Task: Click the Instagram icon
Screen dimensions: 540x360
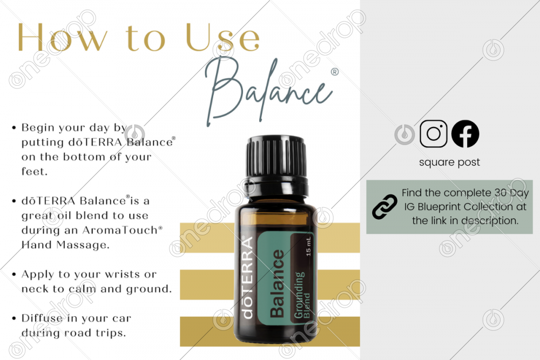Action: coord(433,133)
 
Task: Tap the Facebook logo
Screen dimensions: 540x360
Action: coord(465,133)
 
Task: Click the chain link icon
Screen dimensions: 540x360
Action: coord(384,207)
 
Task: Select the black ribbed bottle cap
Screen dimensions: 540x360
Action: coord(276,157)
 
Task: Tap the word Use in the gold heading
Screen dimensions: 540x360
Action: coord(222,37)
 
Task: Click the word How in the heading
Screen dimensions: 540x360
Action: coord(62,37)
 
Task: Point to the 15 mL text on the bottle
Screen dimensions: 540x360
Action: coord(308,246)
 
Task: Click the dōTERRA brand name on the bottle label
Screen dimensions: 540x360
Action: coord(248,277)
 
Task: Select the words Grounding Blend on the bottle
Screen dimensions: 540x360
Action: coord(302,295)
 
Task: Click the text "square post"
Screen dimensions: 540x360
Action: coord(449,162)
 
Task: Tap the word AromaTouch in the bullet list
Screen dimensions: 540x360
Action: coord(120,230)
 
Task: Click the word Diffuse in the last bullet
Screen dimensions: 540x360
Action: coord(42,318)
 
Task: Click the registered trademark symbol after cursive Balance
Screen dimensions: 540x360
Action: coord(334,72)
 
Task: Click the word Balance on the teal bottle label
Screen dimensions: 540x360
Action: coord(278,283)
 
